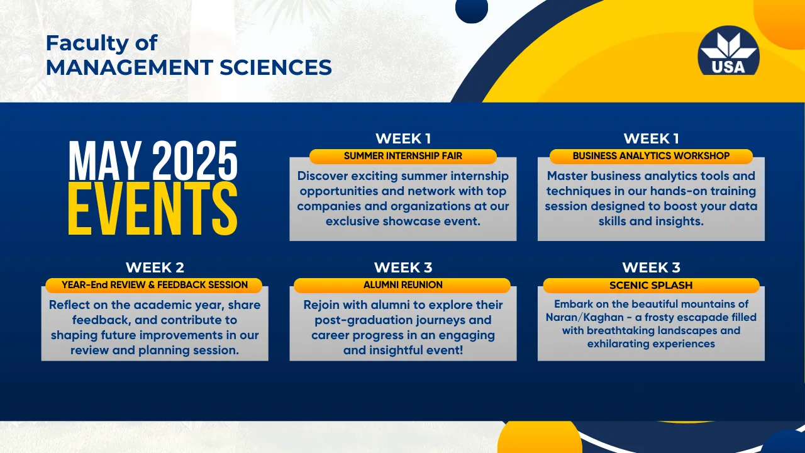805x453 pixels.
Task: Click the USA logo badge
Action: pyautogui.click(x=728, y=50)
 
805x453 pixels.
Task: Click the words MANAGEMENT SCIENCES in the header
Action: pyautogui.click(x=189, y=67)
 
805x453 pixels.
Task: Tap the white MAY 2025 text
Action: pyautogui.click(x=153, y=160)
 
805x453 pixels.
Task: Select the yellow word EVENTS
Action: pyautogui.click(x=153, y=209)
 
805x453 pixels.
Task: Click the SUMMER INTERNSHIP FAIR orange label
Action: pyautogui.click(x=403, y=156)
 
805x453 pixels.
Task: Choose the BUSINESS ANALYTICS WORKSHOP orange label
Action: pyautogui.click(x=651, y=156)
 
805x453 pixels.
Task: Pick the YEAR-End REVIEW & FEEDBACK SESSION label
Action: pyautogui.click(x=154, y=285)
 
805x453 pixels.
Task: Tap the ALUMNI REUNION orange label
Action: pyautogui.click(x=402, y=285)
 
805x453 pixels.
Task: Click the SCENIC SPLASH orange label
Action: pyautogui.click(x=651, y=285)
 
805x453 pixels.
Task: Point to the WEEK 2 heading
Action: pyautogui.click(x=155, y=267)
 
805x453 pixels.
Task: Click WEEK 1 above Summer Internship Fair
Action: pyautogui.click(x=403, y=139)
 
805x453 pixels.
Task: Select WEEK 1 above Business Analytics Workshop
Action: pyautogui.click(x=651, y=139)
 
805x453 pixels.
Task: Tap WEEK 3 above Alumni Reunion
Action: pyautogui.click(x=403, y=267)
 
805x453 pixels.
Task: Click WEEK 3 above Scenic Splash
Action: pyautogui.click(x=651, y=267)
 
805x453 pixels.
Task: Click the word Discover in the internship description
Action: pyautogui.click(x=323, y=176)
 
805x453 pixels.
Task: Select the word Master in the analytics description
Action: pyautogui.click(x=567, y=176)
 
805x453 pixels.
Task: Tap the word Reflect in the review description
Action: pyautogui.click(x=69, y=305)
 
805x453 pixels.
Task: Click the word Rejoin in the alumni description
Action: pyautogui.click(x=321, y=306)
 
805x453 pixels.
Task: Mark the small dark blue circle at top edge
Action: pyautogui.click(x=472, y=11)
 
